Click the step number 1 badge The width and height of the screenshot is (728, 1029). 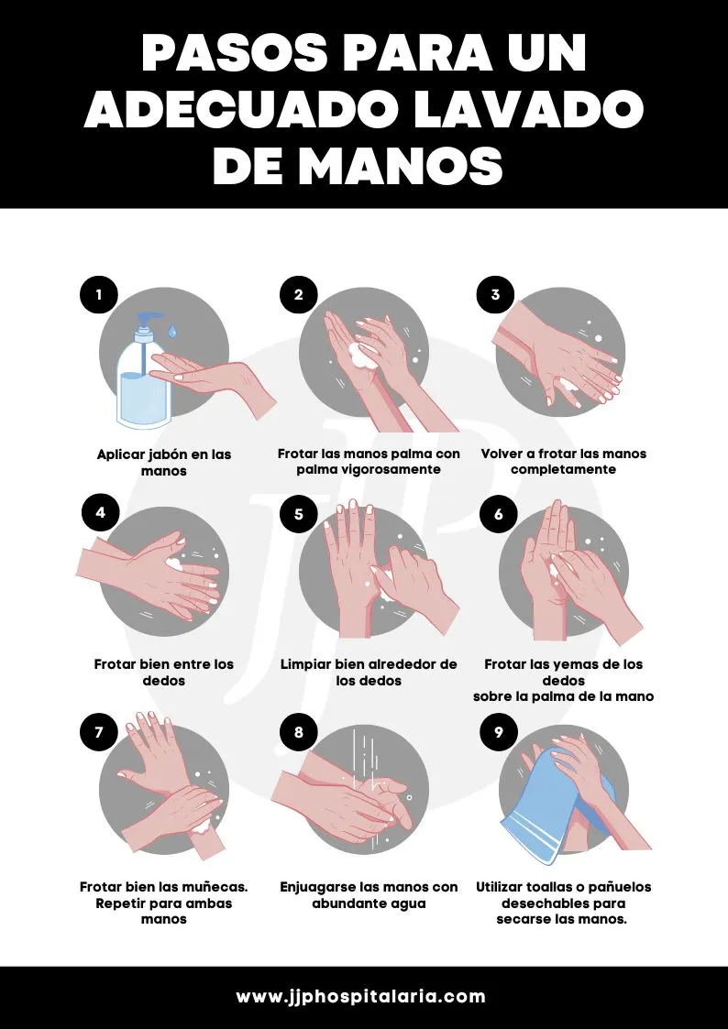(x=99, y=295)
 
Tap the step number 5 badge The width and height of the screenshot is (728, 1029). (x=299, y=513)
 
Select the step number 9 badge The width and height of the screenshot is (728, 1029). (x=498, y=732)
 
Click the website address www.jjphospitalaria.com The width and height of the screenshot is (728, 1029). (x=361, y=996)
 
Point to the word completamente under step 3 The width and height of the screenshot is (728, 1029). (x=563, y=470)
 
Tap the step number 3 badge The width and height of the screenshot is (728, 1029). (x=496, y=295)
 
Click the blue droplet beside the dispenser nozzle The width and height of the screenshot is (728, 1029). (x=172, y=332)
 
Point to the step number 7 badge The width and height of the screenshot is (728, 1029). (x=99, y=732)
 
